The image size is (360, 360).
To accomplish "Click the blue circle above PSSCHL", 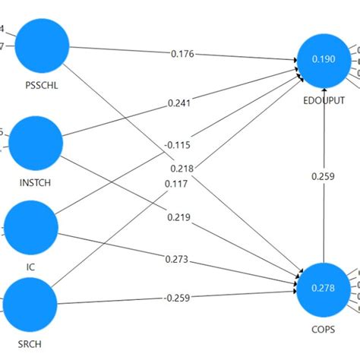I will click(42, 43).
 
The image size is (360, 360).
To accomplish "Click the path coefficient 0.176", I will click(182, 54).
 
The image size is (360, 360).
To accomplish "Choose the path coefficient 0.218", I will click(182, 168).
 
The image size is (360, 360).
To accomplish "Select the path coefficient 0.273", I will click(176, 260).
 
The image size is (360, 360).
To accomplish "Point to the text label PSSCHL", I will click(42, 86).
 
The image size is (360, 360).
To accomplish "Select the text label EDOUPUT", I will click(324, 99).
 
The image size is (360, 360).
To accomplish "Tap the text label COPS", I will click(324, 329).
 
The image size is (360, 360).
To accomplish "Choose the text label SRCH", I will click(31, 343).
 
